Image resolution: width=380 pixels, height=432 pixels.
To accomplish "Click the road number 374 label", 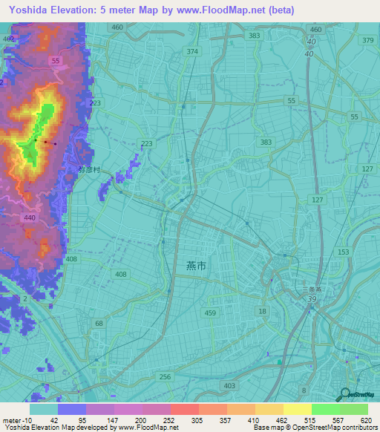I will pyautogui.click(x=193, y=51).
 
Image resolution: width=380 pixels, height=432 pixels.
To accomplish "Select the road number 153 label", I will pyautogui.click(x=343, y=252).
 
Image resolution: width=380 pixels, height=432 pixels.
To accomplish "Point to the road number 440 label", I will pyautogui.click(x=30, y=217).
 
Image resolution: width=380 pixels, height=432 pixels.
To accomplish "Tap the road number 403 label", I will pyautogui.click(x=229, y=385).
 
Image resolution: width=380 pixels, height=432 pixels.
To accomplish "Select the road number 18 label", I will pyautogui.click(x=262, y=312).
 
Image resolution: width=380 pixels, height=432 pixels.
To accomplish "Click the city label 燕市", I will pyautogui.click(x=189, y=265).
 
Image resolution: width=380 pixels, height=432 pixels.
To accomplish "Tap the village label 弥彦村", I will pyautogui.click(x=88, y=170).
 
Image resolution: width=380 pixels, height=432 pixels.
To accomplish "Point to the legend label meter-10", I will pyautogui.click(x=15, y=419).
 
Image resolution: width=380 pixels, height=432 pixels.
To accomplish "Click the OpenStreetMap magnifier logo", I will pyautogui.click(x=344, y=395).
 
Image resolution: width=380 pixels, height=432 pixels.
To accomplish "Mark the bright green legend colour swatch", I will pyautogui.click(x=325, y=409).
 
